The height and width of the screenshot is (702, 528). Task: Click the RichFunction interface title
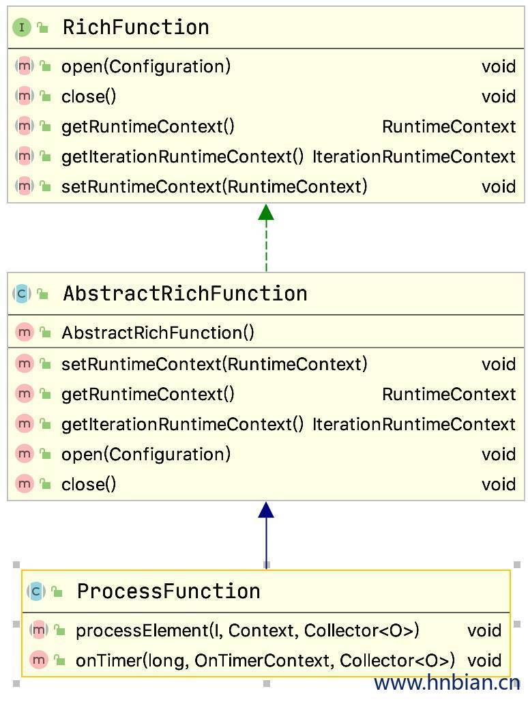[x=135, y=27]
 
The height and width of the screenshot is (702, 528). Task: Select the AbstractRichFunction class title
[x=184, y=294]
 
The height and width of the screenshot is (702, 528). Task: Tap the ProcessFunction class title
[x=168, y=591]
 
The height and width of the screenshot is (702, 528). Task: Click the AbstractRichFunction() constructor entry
[x=158, y=333]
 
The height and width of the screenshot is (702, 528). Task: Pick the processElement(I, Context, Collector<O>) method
[x=247, y=630]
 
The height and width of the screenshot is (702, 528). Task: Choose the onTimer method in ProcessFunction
[x=265, y=660]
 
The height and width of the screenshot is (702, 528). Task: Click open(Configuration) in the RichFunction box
[x=146, y=66]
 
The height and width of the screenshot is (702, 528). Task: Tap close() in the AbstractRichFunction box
[x=89, y=484]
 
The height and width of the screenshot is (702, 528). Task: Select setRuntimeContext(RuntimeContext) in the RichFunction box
[x=214, y=186]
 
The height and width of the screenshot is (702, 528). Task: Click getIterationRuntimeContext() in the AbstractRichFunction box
[x=182, y=424]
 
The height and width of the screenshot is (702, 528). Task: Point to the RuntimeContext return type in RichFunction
[x=448, y=126]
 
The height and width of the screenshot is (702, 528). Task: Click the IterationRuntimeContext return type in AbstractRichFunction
[x=413, y=424]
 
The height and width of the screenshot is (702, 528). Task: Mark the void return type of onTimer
[x=484, y=660]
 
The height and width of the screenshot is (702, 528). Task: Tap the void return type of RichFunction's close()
[x=498, y=96]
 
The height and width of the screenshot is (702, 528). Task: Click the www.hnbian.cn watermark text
[x=447, y=682]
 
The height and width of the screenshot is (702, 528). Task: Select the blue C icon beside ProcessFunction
[x=36, y=591]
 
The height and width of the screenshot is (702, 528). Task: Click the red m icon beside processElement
[x=39, y=630]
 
